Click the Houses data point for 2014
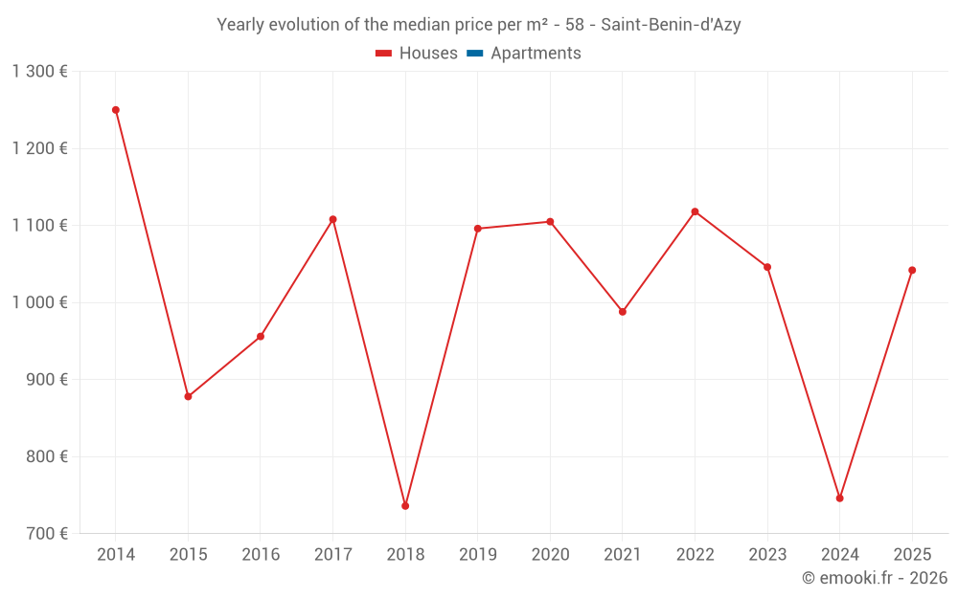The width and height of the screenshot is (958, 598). (116, 110)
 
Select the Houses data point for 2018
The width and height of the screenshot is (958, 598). (405, 506)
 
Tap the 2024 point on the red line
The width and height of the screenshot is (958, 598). (839, 498)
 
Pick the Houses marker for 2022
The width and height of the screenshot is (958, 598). (695, 211)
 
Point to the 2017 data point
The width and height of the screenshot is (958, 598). (332, 219)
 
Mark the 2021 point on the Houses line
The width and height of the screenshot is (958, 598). (622, 312)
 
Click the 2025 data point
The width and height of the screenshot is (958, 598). (912, 270)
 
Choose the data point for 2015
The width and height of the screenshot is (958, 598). (188, 396)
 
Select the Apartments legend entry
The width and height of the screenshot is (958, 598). (536, 54)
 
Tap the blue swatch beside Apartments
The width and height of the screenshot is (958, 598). (474, 54)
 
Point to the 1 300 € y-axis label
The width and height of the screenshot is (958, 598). (39, 72)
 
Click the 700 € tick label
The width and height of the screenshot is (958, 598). (46, 534)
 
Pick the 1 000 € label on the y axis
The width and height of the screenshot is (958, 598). (39, 302)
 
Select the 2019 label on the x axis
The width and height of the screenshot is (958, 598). (477, 555)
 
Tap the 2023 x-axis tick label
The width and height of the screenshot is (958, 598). (767, 555)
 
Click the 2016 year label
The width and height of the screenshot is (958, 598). (261, 555)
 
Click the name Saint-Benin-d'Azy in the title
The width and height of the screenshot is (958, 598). (671, 25)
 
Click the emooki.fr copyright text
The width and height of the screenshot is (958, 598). (875, 578)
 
